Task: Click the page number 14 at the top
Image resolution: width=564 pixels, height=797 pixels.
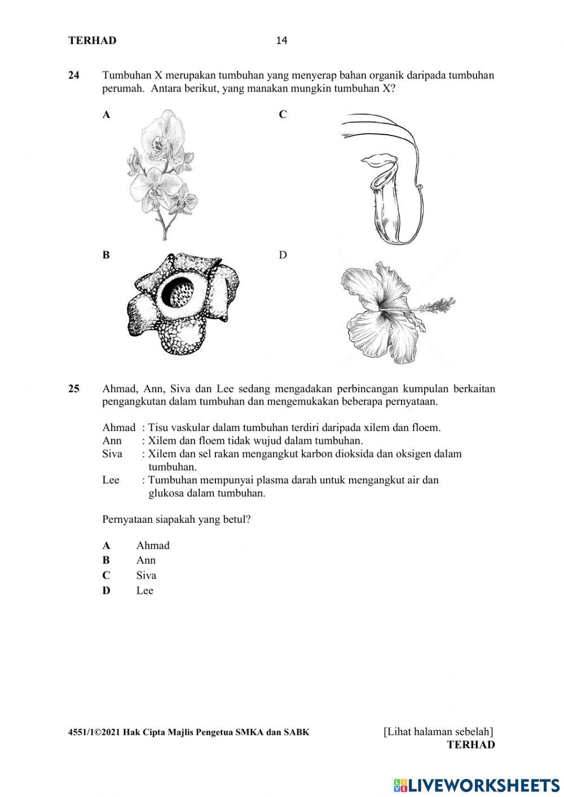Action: click(x=281, y=41)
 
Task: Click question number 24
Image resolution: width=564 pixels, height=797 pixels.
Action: click(x=74, y=76)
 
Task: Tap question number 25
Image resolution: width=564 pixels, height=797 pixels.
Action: click(x=74, y=389)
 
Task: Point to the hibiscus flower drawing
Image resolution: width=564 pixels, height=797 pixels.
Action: click(x=395, y=312)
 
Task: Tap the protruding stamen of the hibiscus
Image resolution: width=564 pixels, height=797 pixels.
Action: click(x=437, y=307)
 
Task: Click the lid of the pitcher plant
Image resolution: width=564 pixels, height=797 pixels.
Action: click(x=375, y=162)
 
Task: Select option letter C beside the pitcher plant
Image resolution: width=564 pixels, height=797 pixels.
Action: click(x=283, y=115)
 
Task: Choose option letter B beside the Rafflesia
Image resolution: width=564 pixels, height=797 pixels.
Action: click(x=106, y=255)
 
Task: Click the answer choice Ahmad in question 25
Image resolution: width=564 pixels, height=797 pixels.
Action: click(x=152, y=545)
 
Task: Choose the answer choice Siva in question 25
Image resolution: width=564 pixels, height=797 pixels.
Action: click(x=146, y=575)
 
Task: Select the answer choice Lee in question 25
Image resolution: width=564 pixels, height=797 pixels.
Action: click(x=144, y=591)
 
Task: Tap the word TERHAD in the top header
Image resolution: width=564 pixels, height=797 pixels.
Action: click(x=92, y=41)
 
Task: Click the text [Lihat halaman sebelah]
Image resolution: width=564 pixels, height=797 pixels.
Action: click(x=438, y=732)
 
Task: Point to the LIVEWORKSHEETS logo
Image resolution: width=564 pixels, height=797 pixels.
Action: click(x=477, y=785)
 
